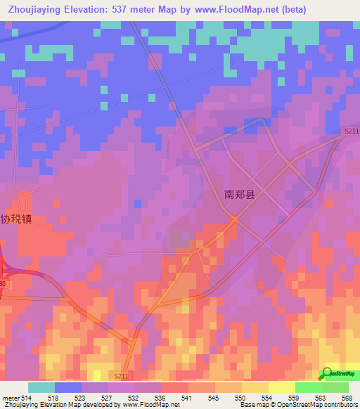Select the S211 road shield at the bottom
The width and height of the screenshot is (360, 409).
click(x=121, y=377)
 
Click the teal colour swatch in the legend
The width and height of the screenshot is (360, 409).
click(x=41, y=387)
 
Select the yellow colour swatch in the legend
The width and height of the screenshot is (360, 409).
click(x=282, y=387)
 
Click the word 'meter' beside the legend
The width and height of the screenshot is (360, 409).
click(x=9, y=397)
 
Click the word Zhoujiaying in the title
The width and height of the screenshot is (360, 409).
click(x=32, y=8)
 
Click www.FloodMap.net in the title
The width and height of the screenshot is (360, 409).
click(x=258, y=8)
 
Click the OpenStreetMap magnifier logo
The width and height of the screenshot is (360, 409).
click(x=326, y=375)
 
